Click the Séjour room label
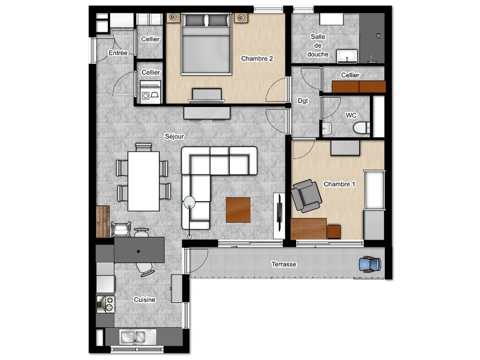click(174, 136)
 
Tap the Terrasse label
click(284, 264)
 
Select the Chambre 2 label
click(257, 59)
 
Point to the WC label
click(351, 115)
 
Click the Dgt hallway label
click(303, 101)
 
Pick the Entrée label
click(118, 53)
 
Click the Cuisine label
click(145, 300)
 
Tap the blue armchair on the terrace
click(370, 264)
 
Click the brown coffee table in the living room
click(238, 210)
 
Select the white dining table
click(144, 181)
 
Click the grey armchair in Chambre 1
click(306, 196)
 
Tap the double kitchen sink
click(137, 337)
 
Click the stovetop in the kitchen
click(106, 304)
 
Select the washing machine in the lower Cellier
click(150, 92)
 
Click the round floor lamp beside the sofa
click(189, 202)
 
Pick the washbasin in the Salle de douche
click(347, 57)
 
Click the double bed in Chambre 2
click(206, 44)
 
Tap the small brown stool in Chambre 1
click(334, 232)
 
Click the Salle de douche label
click(318, 45)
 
